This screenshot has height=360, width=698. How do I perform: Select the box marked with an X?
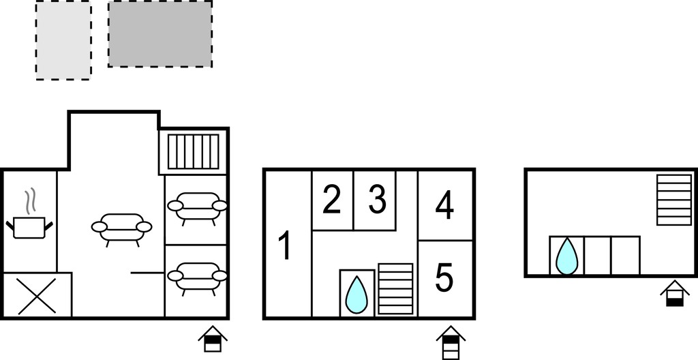click(x=37, y=295)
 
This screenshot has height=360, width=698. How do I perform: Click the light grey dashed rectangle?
click(x=63, y=40)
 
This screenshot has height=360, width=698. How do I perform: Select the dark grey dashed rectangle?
click(x=160, y=34)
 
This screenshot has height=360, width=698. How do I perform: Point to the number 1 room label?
click(x=284, y=245)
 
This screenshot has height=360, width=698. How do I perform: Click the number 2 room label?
click(x=332, y=200)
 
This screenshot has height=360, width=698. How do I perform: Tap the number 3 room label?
click(x=377, y=200)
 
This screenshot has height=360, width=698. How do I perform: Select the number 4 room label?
click(x=444, y=205)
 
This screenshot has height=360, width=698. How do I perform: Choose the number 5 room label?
click(x=444, y=278)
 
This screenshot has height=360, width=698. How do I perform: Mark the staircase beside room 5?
click(x=396, y=288)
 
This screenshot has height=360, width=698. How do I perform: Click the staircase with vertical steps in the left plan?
click(x=193, y=151)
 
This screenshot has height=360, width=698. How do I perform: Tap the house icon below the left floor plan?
click(x=213, y=339)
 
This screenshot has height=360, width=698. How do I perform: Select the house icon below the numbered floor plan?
click(x=451, y=343)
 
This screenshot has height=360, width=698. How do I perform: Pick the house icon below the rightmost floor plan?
click(x=675, y=293)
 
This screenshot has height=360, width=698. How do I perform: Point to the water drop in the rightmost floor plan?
click(x=566, y=256)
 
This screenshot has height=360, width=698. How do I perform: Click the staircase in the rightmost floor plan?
click(x=674, y=200)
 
